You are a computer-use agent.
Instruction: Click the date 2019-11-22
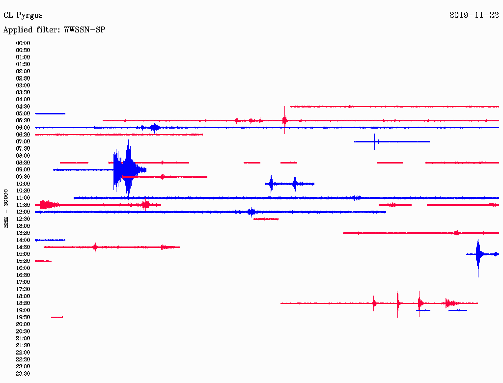tap(474, 15)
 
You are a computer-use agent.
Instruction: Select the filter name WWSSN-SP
tap(84, 30)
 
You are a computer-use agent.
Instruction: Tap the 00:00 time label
tap(23, 43)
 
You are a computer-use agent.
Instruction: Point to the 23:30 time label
tap(23, 374)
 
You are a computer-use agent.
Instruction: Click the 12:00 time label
tap(23, 212)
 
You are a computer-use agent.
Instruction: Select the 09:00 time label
tap(23, 170)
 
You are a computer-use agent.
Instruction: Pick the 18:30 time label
tap(23, 303)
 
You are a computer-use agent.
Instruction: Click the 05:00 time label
tap(23, 113)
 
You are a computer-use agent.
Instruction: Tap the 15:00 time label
tap(23, 254)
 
